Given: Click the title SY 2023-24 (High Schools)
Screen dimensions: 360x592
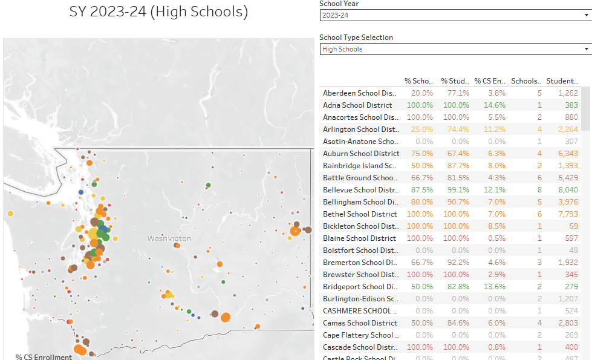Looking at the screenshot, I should point(158,11).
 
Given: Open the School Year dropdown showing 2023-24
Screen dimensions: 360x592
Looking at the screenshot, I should point(455,15).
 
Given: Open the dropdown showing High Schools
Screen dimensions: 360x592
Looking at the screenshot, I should point(455,49).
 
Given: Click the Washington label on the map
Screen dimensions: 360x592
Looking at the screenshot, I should point(169,238).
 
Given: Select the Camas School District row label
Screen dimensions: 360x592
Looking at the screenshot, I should point(360,323).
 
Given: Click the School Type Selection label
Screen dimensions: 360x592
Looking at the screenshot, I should point(356,38).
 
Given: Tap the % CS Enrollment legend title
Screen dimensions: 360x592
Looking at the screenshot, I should point(44,357).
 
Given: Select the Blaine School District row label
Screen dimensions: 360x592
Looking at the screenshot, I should point(360,238).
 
